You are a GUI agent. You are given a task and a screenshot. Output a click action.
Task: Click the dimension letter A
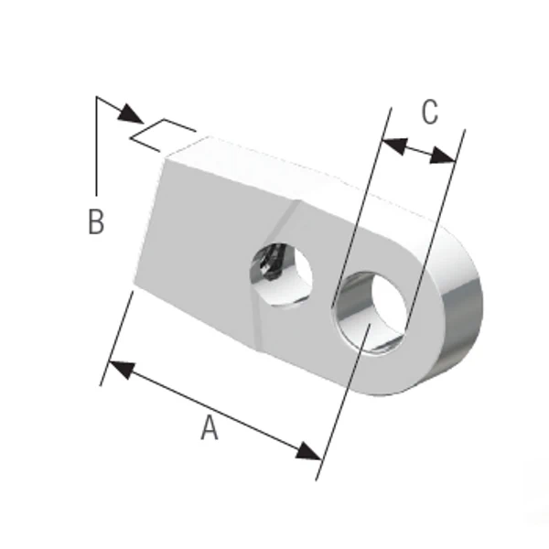[210, 427]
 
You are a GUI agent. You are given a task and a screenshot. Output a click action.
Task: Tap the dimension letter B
[96, 221]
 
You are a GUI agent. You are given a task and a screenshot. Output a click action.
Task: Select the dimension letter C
[430, 112]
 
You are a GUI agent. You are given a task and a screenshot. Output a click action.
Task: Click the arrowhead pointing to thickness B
[131, 113]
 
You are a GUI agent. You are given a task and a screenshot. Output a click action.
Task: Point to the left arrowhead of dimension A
[122, 370]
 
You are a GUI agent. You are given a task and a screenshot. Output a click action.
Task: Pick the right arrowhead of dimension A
[309, 451]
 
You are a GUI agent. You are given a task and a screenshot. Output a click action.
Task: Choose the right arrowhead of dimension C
[443, 156]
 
